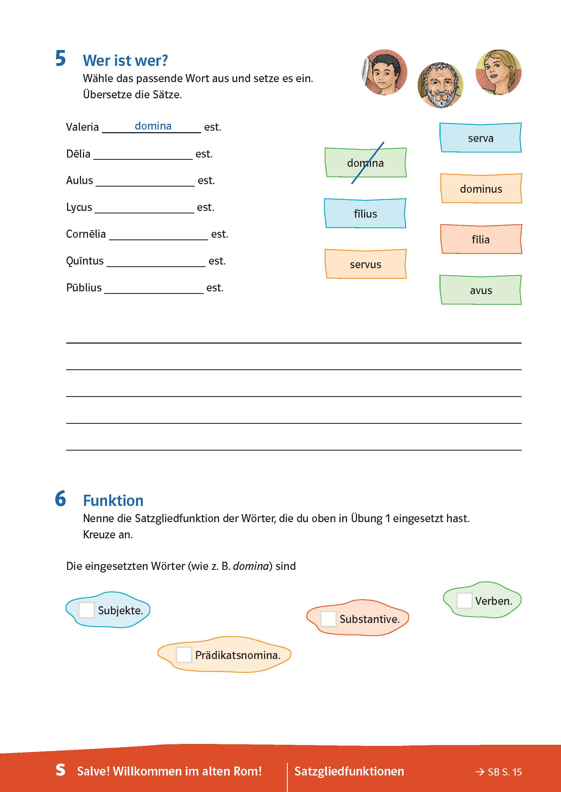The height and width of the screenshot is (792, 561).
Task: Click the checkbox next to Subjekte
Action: point(86,610)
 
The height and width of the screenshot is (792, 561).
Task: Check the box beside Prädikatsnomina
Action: point(184,655)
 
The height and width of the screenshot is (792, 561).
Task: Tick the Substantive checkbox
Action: point(328,619)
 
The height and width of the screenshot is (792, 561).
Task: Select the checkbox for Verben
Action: point(464,601)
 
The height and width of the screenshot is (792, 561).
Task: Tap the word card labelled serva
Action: point(481,138)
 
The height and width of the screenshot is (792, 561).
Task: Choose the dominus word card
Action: point(481,189)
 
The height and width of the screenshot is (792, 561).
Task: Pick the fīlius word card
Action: point(365,213)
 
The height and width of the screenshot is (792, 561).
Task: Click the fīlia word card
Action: point(481,239)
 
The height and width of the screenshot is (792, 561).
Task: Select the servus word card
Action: point(365,264)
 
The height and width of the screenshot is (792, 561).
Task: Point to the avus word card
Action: point(481,290)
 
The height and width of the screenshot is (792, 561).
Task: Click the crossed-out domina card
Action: point(365,163)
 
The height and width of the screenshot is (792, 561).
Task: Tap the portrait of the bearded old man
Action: point(440,85)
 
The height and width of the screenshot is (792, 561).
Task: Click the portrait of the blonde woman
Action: point(498,72)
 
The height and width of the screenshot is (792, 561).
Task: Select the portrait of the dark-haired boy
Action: point(384,72)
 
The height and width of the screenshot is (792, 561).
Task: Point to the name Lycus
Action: point(79,207)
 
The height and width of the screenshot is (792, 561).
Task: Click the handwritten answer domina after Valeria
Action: point(153,126)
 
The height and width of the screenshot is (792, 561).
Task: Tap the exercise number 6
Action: point(60,499)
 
